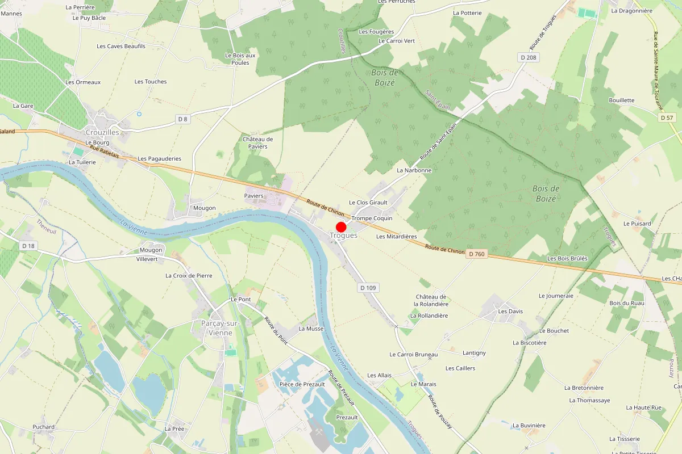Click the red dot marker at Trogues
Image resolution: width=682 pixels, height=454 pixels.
click(x=341, y=226)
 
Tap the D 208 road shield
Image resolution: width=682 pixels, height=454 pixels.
click(x=529, y=57)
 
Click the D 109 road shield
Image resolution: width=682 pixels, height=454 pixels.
click(x=368, y=288)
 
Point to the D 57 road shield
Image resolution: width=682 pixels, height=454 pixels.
click(x=667, y=117)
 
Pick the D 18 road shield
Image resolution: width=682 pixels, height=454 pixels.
click(x=28, y=246)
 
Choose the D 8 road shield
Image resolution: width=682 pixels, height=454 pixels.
click(x=182, y=119)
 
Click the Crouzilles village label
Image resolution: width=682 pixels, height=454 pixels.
click(x=102, y=132)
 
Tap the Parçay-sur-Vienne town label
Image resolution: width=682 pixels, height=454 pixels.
click(x=221, y=328)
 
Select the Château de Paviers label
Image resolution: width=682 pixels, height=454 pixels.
click(x=258, y=143)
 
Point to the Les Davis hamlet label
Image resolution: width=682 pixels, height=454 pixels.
click(x=510, y=312)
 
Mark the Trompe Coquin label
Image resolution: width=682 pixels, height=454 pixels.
click(x=372, y=218)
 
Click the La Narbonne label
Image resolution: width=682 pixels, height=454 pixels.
click(x=414, y=170)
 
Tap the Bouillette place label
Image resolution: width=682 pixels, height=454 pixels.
click(x=621, y=100)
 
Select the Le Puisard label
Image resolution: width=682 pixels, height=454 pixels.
click(x=637, y=224)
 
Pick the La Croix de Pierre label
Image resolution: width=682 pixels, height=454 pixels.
click(x=189, y=276)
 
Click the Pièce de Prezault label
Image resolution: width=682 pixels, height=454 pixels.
click(x=302, y=384)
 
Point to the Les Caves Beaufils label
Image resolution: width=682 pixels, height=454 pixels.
click(x=121, y=46)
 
